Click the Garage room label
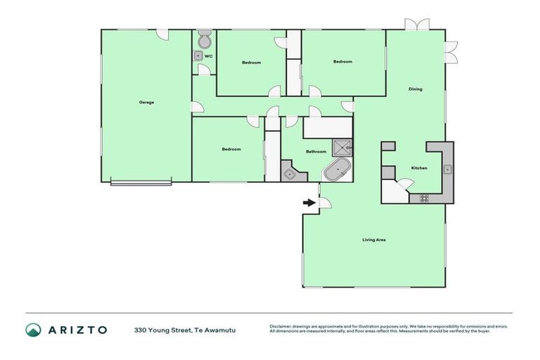(146, 102)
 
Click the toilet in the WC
(204, 37)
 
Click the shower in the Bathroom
(342, 146)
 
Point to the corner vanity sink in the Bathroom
(289, 172)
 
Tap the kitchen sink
(446, 169)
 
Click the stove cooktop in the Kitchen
(424, 198)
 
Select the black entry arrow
(309, 203)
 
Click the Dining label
(416, 89)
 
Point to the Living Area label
(373, 240)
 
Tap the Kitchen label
(419, 167)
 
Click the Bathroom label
(316, 151)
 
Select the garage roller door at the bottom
(141, 184)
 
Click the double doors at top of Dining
(416, 24)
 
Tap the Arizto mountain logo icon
(33, 330)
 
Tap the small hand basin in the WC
(198, 55)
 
